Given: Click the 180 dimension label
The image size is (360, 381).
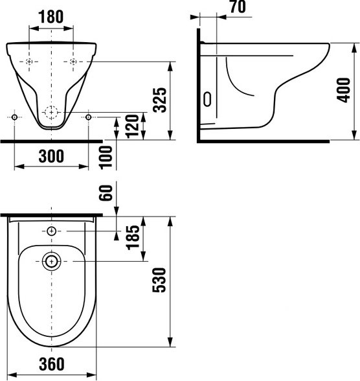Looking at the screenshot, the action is (51, 17).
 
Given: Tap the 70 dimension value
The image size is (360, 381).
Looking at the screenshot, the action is (238, 6).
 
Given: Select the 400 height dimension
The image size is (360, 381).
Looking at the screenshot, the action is (343, 90).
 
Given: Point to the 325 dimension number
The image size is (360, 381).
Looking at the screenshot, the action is (160, 100).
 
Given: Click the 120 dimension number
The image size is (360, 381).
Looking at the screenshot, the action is (133, 126).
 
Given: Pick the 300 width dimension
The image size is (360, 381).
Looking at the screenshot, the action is (51, 156).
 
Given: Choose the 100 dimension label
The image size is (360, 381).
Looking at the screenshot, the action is (106, 157).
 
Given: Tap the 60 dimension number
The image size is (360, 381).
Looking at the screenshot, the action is (106, 192).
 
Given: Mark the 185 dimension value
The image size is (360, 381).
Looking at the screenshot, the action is (133, 237).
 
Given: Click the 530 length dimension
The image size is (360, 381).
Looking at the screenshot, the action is (159, 280).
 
